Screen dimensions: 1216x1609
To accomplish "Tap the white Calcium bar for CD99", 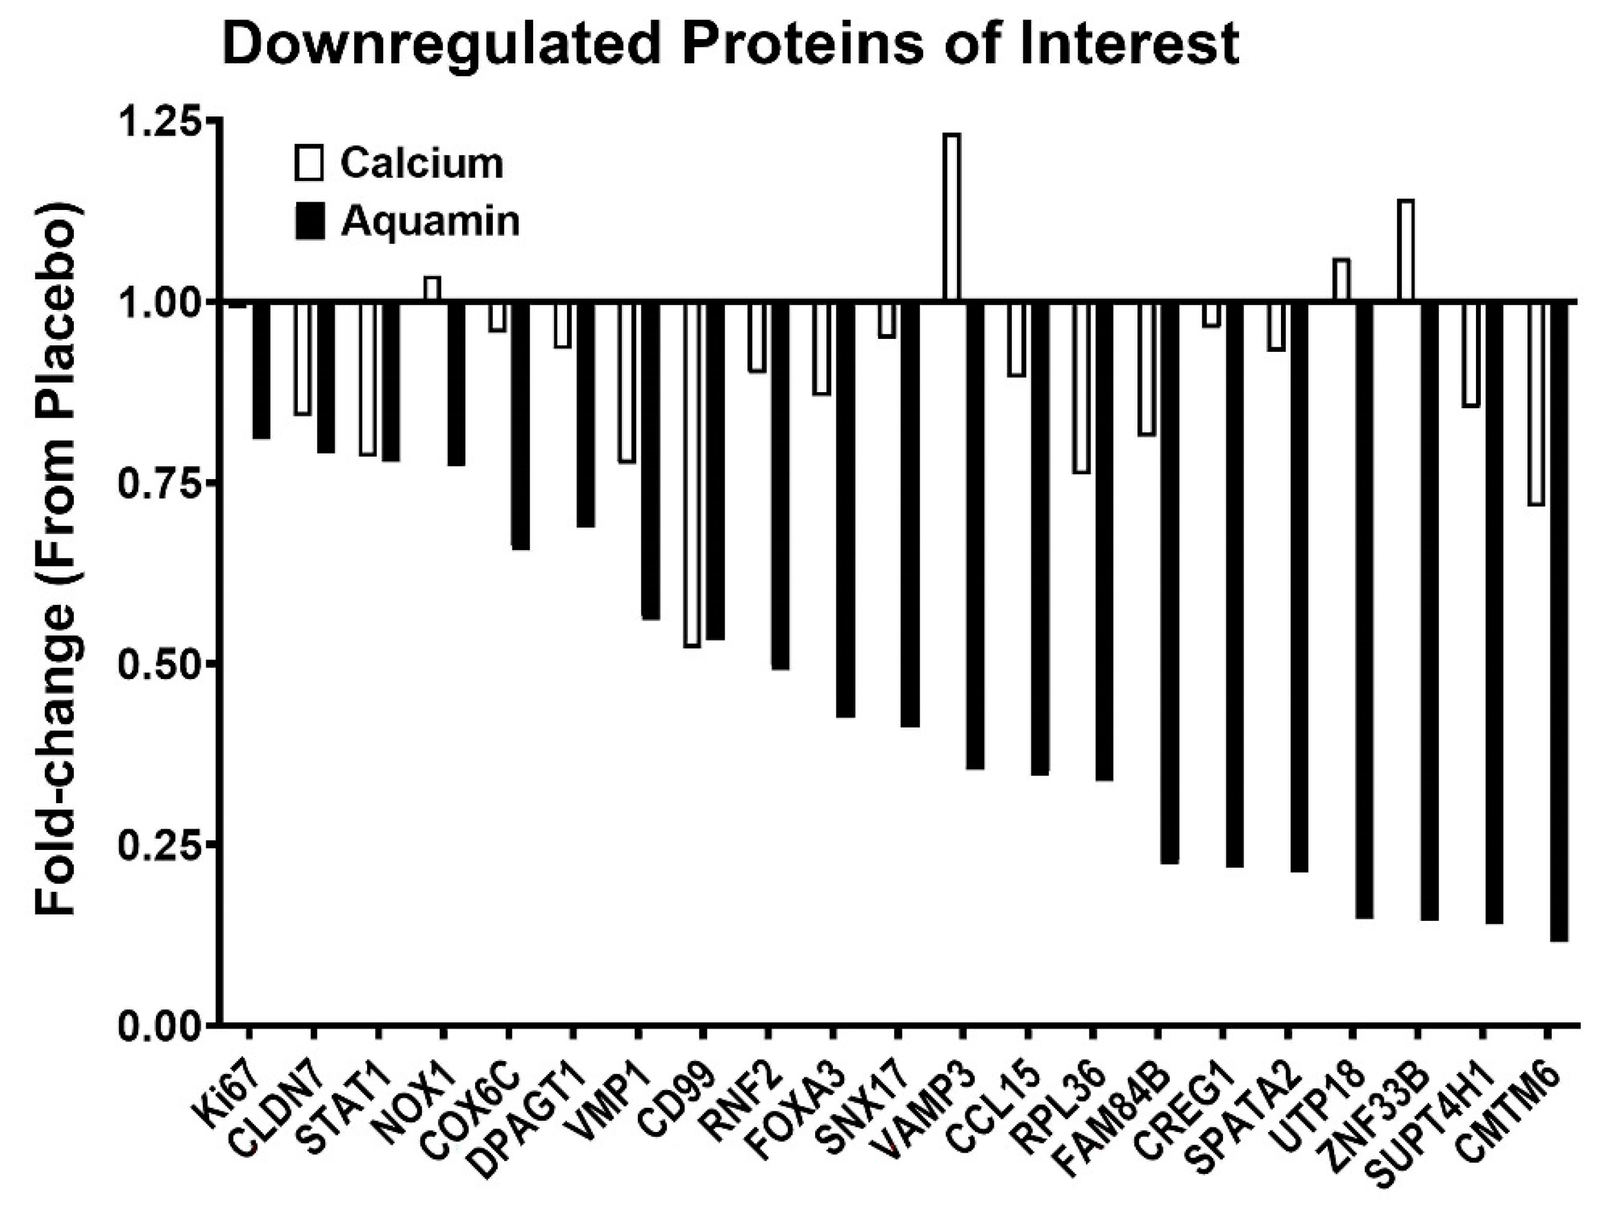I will (692, 473).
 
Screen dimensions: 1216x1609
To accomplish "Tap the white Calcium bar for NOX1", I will (432, 288).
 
